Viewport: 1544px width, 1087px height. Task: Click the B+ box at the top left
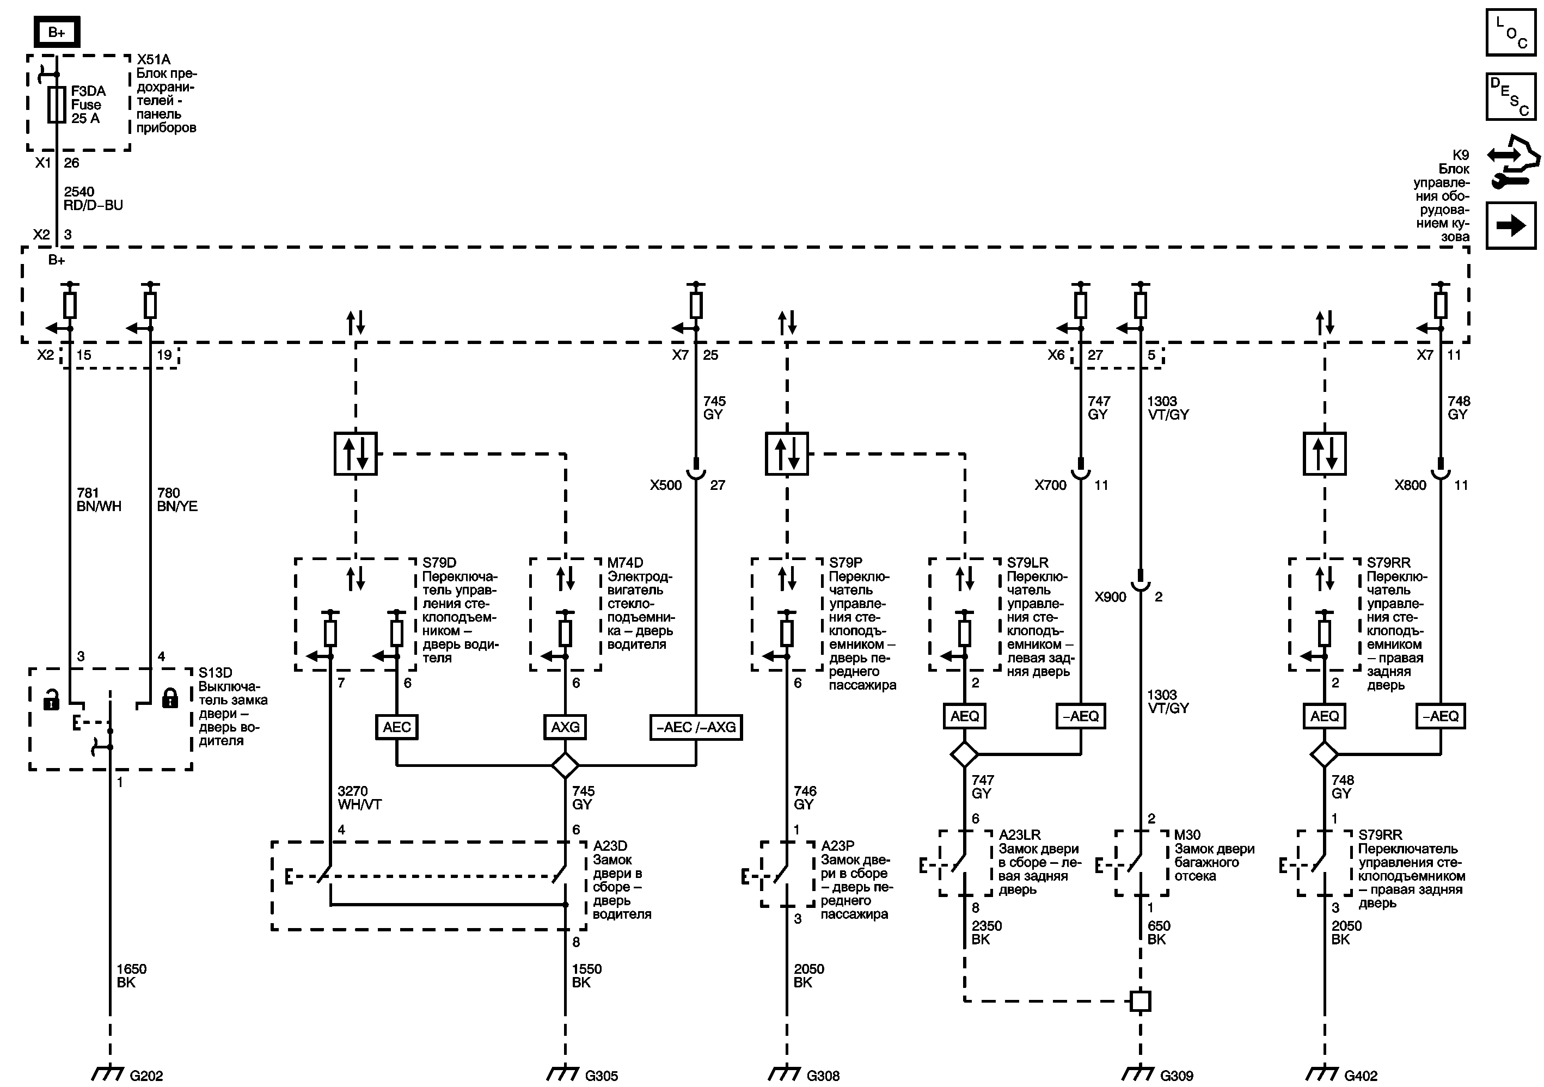tap(57, 32)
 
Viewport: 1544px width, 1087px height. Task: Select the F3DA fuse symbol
tap(57, 104)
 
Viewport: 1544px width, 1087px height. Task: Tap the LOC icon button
tap(1510, 32)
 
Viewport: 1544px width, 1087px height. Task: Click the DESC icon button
tap(1510, 97)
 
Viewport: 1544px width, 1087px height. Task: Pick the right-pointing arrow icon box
tap(1510, 225)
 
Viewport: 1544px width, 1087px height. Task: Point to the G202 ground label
tap(146, 1076)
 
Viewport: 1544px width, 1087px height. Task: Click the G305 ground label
tap(601, 1076)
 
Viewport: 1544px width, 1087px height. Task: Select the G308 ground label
tap(823, 1076)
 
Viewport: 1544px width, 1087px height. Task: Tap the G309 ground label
tap(1176, 1076)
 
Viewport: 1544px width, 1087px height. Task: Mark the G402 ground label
tap(1361, 1076)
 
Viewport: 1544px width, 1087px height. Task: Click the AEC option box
tap(397, 727)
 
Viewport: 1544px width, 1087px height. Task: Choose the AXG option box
tap(565, 727)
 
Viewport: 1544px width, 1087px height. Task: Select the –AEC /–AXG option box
tap(695, 727)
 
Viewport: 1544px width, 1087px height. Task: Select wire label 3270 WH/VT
tap(359, 798)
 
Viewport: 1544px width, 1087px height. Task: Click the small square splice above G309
tap(1141, 1001)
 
